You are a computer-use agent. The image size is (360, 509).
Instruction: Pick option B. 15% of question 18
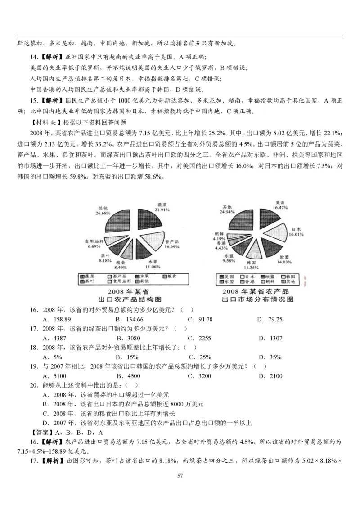tap(127, 357)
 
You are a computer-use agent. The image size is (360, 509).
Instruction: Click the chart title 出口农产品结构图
tap(130, 299)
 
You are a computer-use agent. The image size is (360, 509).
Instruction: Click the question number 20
tap(34, 385)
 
